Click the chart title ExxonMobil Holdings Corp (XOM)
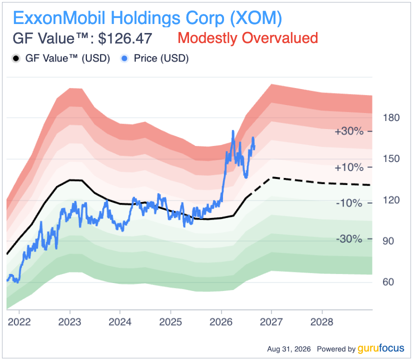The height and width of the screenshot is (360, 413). pyautogui.click(x=147, y=18)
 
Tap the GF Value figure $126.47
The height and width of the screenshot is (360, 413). pyautogui.click(x=125, y=38)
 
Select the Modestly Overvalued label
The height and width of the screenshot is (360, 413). pyautogui.click(x=248, y=38)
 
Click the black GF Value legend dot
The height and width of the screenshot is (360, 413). pyautogui.click(x=16, y=58)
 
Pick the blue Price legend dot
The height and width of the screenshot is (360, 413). pyautogui.click(x=124, y=58)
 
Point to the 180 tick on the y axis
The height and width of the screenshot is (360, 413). pyautogui.click(x=391, y=117)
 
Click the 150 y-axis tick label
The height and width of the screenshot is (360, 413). pyautogui.click(x=391, y=159)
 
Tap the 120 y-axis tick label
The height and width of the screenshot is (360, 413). pyautogui.click(x=391, y=200)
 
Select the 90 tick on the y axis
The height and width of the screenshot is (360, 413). pyautogui.click(x=388, y=241)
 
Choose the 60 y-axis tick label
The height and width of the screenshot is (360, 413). pyautogui.click(x=388, y=282)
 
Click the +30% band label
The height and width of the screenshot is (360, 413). pyautogui.click(x=349, y=131)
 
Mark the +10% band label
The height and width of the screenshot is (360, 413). pyautogui.click(x=349, y=167)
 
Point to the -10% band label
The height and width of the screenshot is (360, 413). pyautogui.click(x=349, y=203)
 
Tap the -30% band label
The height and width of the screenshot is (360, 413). pyautogui.click(x=349, y=239)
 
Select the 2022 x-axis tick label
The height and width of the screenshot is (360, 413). pyautogui.click(x=19, y=322)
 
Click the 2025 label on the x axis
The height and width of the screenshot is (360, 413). pyautogui.click(x=170, y=322)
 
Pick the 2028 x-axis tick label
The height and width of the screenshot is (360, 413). pyautogui.click(x=322, y=322)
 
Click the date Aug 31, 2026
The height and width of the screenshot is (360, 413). pyautogui.click(x=289, y=349)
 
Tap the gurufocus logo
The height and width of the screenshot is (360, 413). pyautogui.click(x=381, y=348)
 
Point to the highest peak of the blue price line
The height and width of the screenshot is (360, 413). pyautogui.click(x=233, y=130)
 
